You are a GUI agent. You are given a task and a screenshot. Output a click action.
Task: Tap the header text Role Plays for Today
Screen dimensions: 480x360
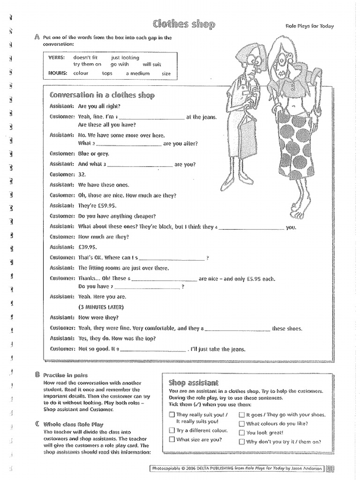coord(309,26)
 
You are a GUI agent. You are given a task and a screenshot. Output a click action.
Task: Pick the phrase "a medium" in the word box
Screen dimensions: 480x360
coord(137,74)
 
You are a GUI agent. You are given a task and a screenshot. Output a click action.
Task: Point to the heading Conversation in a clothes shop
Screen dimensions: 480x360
coord(102,95)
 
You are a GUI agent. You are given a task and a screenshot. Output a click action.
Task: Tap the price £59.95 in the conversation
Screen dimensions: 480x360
coord(105,206)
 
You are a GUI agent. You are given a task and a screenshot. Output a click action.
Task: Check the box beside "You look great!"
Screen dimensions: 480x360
coord(241,433)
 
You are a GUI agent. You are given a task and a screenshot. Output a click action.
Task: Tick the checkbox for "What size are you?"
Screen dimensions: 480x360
coord(172,440)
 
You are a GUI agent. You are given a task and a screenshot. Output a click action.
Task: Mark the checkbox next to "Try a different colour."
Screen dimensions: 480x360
coord(172,430)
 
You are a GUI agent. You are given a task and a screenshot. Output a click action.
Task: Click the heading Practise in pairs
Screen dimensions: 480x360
coord(65,375)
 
